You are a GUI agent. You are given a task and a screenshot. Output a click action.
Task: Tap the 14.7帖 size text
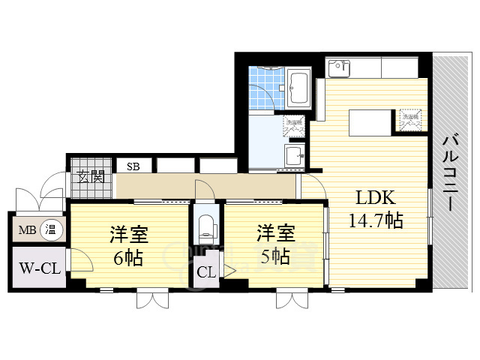(375, 221)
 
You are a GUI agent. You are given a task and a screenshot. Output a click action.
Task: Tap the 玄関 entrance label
(91, 178)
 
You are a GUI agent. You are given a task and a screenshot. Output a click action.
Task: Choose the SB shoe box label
(133, 166)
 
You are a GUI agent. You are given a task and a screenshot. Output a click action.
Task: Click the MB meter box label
(28, 229)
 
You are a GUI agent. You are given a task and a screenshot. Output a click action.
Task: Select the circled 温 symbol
(51, 229)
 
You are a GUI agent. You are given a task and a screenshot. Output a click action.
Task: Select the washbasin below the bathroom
(294, 156)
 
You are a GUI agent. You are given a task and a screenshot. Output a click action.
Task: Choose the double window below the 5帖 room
(292, 299)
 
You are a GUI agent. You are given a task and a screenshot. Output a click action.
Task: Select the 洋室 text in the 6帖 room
(130, 234)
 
